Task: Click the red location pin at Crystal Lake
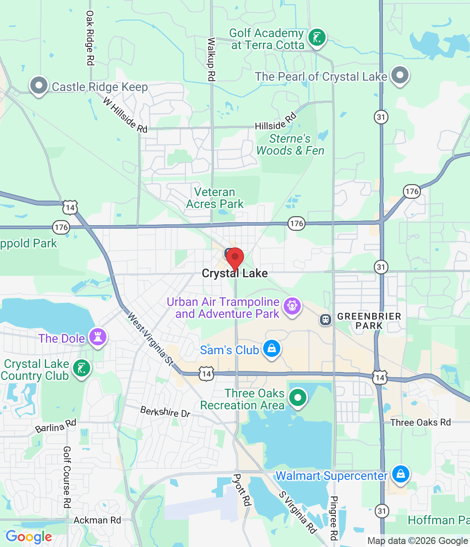click(235, 258)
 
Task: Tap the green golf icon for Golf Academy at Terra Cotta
click(317, 38)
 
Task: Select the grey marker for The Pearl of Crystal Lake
click(400, 75)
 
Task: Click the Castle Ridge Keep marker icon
click(39, 85)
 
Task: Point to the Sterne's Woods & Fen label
click(290, 145)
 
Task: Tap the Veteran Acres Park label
click(215, 198)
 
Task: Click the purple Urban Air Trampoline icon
click(292, 306)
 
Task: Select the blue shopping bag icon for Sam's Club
click(271, 349)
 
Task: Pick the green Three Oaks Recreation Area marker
click(298, 397)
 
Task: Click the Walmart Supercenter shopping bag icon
click(401, 474)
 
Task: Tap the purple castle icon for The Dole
click(98, 337)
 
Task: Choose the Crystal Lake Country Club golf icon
click(81, 368)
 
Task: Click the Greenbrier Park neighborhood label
click(369, 321)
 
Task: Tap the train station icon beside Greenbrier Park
click(326, 319)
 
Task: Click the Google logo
click(29, 537)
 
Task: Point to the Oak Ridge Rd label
click(90, 38)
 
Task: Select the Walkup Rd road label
click(211, 59)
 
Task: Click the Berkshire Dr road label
click(165, 412)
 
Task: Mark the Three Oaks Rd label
click(420, 423)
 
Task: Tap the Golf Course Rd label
click(67, 477)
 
